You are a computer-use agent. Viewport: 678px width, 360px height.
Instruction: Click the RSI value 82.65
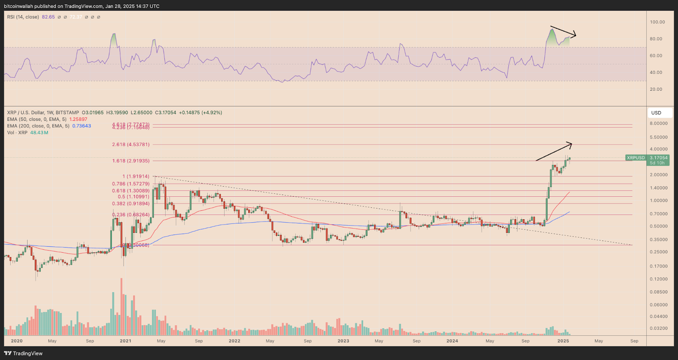pos(48,17)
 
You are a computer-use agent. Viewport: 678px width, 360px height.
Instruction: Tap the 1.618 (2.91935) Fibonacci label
pos(131,161)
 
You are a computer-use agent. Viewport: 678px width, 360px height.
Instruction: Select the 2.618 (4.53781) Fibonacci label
pos(131,145)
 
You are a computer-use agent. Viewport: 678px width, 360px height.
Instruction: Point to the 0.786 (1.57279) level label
pos(131,184)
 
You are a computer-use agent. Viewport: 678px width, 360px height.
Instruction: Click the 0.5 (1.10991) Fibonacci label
pos(133,197)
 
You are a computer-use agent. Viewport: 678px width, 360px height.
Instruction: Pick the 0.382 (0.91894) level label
pos(131,204)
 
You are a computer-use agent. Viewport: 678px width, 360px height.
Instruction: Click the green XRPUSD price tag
pos(636,158)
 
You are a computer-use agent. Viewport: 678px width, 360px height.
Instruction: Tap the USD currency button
pos(656,113)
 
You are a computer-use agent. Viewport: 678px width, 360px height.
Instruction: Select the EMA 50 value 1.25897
pos(78,120)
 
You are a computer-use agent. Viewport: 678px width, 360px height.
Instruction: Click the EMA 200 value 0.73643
pos(81,126)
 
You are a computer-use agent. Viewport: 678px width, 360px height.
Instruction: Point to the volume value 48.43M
pos(39,133)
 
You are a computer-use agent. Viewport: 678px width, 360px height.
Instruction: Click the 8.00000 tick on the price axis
pos(659,123)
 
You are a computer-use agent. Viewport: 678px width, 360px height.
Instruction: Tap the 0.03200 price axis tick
pos(659,328)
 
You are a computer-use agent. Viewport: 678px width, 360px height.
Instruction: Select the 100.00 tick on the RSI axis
pos(658,22)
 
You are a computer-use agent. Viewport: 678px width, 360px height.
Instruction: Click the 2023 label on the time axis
pos(343,341)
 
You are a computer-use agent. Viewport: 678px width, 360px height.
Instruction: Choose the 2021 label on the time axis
pos(125,341)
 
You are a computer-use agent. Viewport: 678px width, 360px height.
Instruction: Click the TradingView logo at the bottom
pos(23,353)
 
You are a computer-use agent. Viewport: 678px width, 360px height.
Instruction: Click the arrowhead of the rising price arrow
pos(570,145)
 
